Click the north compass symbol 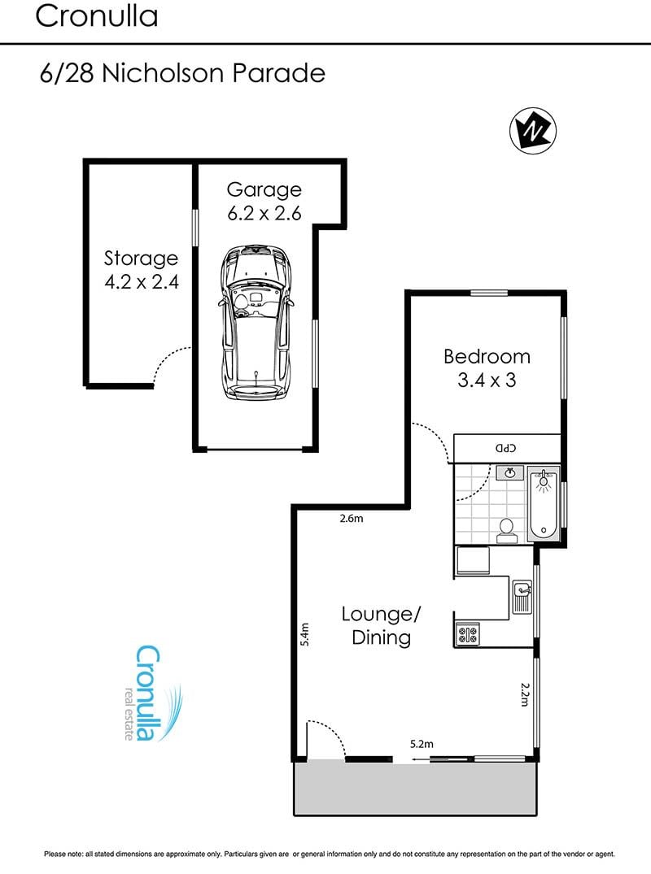click(533, 131)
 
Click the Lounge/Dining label click(381, 626)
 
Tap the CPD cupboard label click(506, 448)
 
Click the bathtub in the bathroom click(543, 504)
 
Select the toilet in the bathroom click(506, 531)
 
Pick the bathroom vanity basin click(510, 473)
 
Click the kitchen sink click(522, 597)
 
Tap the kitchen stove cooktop click(467, 634)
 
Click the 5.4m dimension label click(304, 634)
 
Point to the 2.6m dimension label click(352, 519)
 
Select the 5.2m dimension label click(422, 744)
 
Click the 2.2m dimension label click(524, 694)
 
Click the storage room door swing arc click(169, 363)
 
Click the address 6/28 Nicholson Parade click(182, 73)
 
